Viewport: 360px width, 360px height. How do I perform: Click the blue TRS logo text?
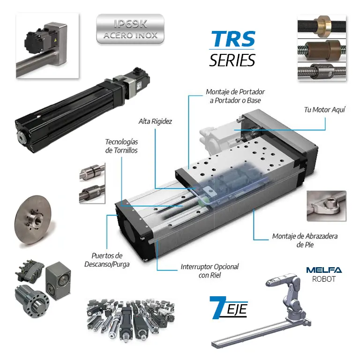(232, 39)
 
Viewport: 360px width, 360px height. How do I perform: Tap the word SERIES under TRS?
(232, 60)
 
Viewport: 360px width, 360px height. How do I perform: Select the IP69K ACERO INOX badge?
(130, 29)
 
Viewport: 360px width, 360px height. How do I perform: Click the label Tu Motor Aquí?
(324, 110)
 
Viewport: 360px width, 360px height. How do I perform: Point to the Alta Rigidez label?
(155, 121)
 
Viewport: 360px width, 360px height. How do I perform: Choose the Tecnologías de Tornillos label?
(121, 146)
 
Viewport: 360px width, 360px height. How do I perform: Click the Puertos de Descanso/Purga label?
(107, 260)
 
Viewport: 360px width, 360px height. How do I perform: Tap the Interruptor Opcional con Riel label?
(210, 271)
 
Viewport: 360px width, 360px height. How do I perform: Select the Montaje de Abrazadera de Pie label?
(305, 240)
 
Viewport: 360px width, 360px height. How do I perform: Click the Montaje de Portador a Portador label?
(235, 96)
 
